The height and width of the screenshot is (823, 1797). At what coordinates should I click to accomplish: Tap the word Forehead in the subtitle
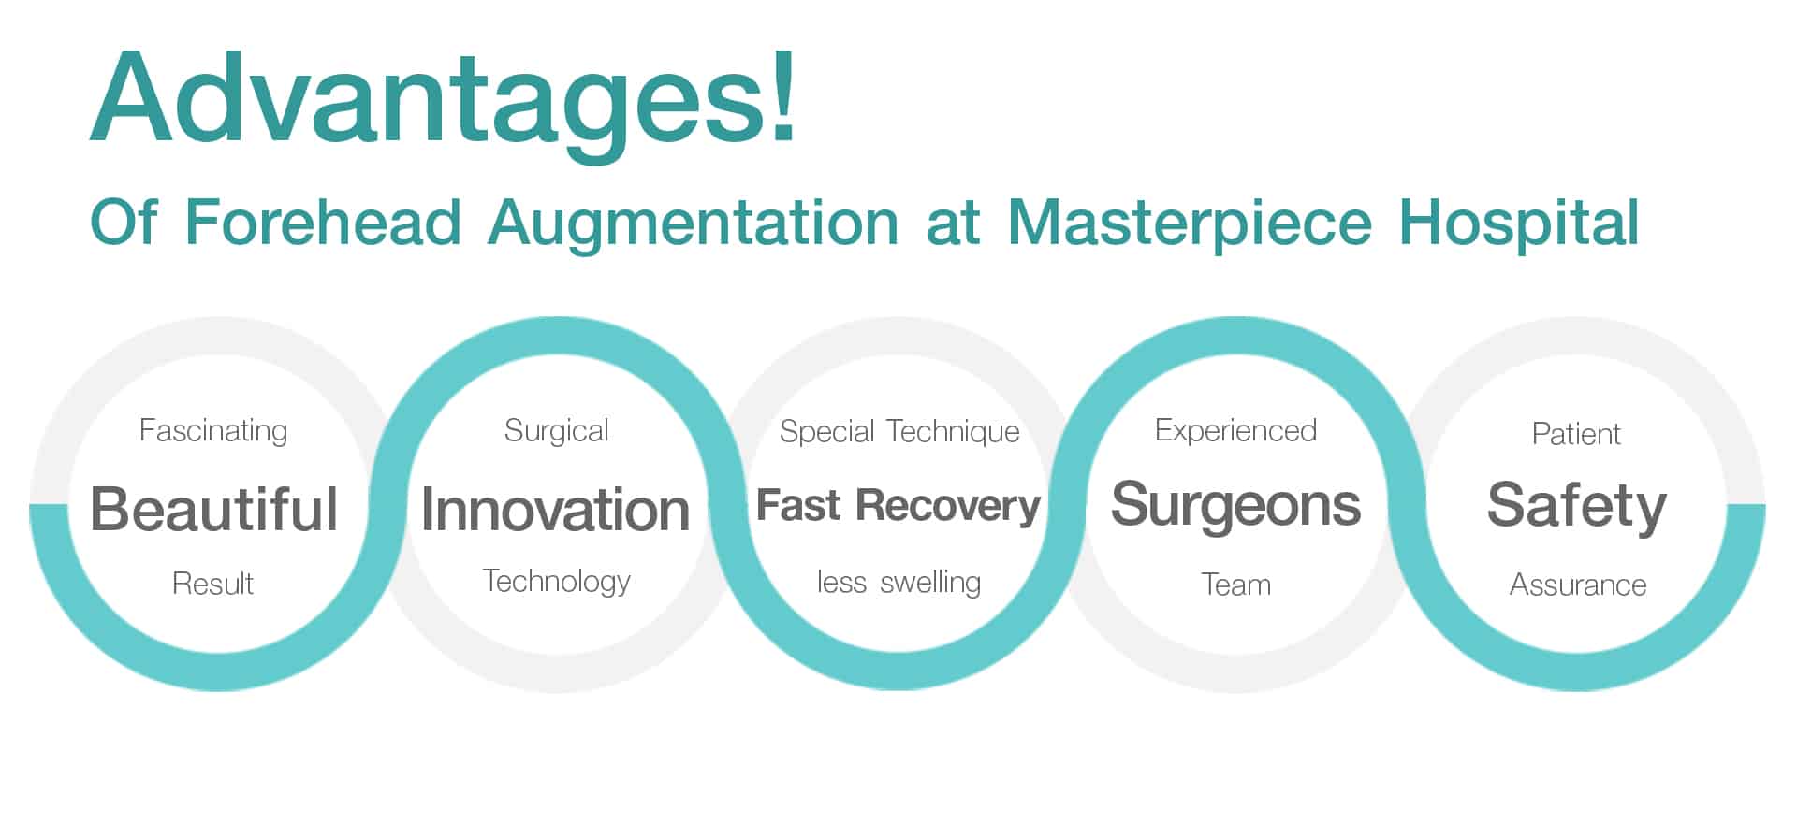pos(323,222)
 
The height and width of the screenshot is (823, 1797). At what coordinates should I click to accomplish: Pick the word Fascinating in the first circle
pos(213,431)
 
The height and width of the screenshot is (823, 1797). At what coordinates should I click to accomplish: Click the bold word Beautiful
pos(213,509)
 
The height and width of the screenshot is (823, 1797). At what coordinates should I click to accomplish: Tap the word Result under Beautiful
pos(213,584)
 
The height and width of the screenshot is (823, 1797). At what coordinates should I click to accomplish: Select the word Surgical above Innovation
pos(556,431)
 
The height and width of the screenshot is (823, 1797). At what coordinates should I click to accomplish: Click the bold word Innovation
pos(556,510)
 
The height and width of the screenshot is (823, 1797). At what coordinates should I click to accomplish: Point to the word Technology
pos(556,583)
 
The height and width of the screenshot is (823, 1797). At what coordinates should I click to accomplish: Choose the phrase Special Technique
pos(899,432)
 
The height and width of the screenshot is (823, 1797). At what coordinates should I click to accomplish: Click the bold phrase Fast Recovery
pos(898,506)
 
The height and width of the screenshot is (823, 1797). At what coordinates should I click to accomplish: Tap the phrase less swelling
pos(898,583)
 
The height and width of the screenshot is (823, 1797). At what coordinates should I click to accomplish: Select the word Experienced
pos(1235,431)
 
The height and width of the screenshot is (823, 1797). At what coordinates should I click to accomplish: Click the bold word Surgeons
pos(1235,507)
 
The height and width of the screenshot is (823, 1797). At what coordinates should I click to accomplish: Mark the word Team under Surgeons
pos(1235,585)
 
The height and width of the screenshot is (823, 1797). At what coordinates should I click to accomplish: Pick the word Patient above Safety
pos(1576,434)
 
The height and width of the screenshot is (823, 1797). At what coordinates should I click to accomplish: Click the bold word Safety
pos(1577,507)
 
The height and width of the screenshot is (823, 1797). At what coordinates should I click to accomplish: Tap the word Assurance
pos(1578,585)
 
